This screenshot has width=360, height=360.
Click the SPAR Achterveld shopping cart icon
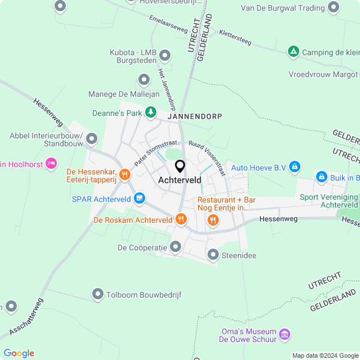click(139, 198)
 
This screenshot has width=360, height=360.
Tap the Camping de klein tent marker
click(293, 52)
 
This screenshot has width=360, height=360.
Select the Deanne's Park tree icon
click(150, 112)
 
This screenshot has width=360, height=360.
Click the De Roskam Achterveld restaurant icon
click(181, 219)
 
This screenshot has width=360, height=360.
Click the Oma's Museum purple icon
click(285, 335)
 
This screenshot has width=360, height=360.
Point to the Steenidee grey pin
click(213, 255)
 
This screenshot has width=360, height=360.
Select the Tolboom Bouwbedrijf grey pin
click(98, 294)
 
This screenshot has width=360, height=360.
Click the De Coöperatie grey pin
click(175, 246)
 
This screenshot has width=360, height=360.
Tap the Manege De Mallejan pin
click(143, 80)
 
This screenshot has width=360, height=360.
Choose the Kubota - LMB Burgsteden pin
click(165, 56)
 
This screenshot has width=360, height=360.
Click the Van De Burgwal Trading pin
click(334, 8)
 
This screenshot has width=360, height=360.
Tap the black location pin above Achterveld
click(180, 166)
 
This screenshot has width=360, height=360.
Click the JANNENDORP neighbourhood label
click(194, 116)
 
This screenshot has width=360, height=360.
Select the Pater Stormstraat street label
click(152, 152)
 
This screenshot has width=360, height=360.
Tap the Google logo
click(19, 353)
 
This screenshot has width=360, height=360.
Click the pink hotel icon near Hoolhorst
click(51, 163)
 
